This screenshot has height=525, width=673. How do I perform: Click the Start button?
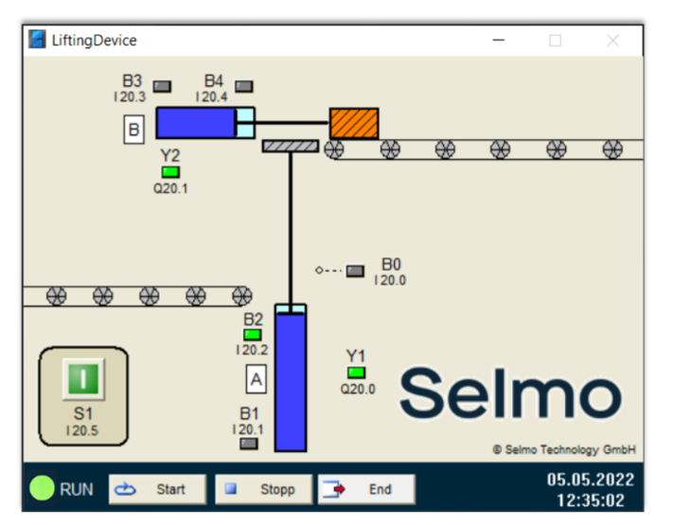click(157, 489)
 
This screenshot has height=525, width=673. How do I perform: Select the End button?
click(366, 489)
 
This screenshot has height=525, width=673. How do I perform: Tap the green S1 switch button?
click(83, 379)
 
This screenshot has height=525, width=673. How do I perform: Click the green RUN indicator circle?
click(42, 488)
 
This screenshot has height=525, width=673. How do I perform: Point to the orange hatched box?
click(354, 123)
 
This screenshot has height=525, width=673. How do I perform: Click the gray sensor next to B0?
click(355, 271)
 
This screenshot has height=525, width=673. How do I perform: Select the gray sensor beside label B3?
click(163, 86)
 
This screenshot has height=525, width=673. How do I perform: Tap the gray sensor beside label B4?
click(244, 86)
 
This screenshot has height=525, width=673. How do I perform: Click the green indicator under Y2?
click(170, 172)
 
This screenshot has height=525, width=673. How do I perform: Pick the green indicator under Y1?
click(356, 373)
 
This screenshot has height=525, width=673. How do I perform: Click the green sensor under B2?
click(253, 334)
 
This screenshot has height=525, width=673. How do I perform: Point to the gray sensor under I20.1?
click(249, 443)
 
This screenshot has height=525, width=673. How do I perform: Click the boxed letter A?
click(256, 379)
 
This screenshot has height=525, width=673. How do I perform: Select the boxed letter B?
click(133, 129)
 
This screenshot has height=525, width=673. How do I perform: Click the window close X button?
click(612, 41)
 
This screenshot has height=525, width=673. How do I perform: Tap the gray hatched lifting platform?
click(290, 146)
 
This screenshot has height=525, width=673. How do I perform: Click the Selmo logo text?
click(509, 393)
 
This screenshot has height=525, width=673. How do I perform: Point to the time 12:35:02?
click(590, 500)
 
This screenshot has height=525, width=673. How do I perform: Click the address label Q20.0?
click(358, 389)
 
